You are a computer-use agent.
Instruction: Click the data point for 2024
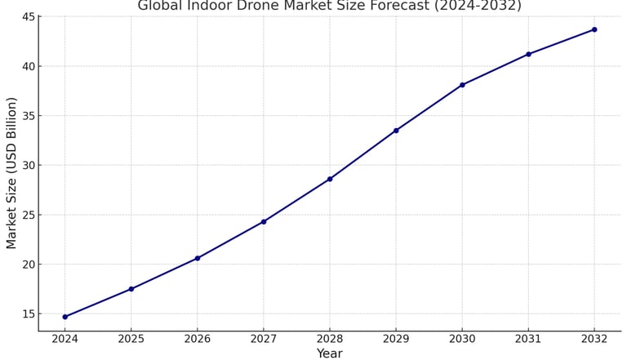click(x=64, y=317)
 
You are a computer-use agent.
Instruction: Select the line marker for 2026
click(x=197, y=258)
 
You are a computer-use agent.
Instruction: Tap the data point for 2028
click(x=330, y=179)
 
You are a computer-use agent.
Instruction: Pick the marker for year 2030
click(x=462, y=85)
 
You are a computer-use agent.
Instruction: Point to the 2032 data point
click(x=594, y=29)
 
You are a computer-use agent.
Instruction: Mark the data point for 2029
click(x=396, y=131)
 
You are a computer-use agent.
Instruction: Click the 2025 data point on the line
click(x=131, y=289)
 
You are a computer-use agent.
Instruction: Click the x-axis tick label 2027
click(x=264, y=339)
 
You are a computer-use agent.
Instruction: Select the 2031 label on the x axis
click(x=528, y=339)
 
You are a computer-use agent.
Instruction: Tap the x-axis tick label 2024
click(x=64, y=339)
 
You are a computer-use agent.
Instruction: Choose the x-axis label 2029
click(x=396, y=339)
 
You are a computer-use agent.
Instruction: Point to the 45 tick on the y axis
click(x=28, y=17)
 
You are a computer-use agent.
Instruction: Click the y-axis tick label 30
click(x=28, y=166)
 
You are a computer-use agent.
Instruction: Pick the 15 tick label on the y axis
click(x=28, y=314)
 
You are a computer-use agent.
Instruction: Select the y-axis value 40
click(x=28, y=67)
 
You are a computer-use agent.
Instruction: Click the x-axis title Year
click(x=329, y=353)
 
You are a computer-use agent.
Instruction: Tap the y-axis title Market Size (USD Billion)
click(x=11, y=172)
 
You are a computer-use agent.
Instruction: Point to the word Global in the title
click(x=161, y=6)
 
